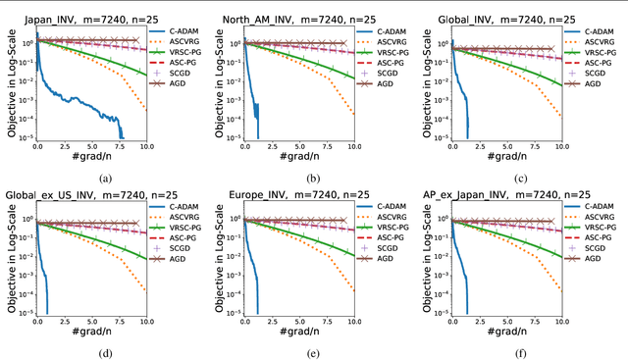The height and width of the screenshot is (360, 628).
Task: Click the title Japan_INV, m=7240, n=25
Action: (90, 10)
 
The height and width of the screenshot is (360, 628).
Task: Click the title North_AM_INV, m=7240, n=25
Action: (300, 10)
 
